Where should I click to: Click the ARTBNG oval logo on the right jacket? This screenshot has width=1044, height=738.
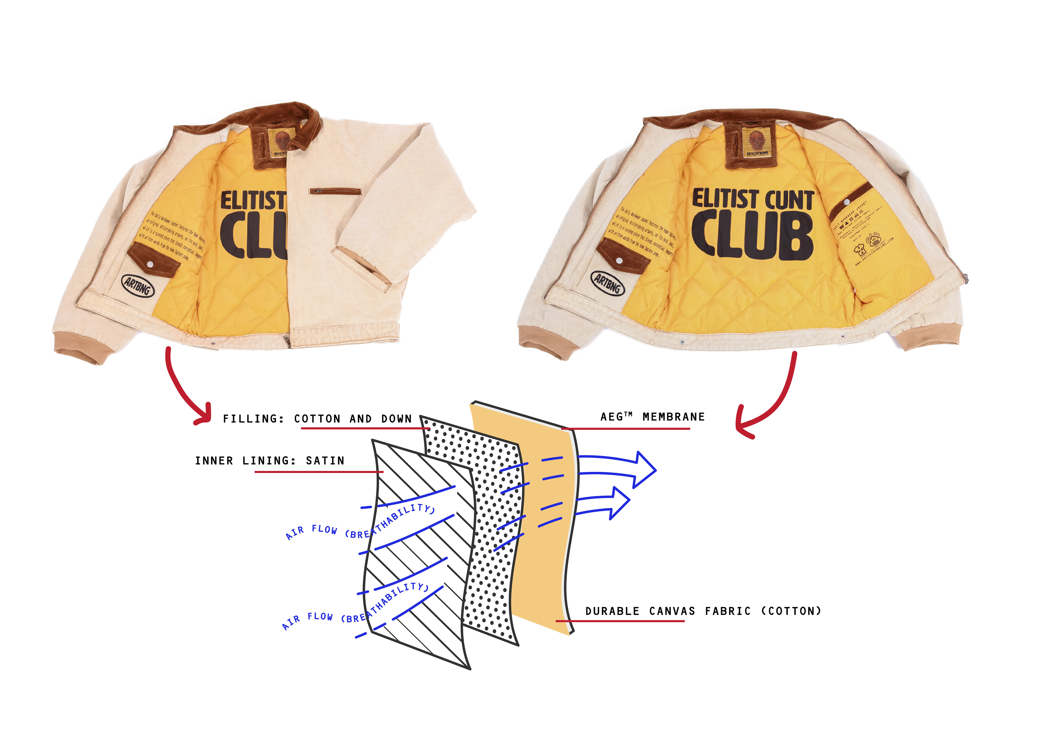(x=607, y=283)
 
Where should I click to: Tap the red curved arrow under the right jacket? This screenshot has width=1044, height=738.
(x=773, y=400)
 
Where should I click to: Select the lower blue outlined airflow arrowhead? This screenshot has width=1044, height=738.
(x=619, y=502)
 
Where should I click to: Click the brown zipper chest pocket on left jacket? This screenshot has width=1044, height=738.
(x=335, y=191)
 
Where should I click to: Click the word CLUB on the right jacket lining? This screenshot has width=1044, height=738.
(x=753, y=236)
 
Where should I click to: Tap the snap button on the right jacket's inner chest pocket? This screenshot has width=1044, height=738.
(x=847, y=201)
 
